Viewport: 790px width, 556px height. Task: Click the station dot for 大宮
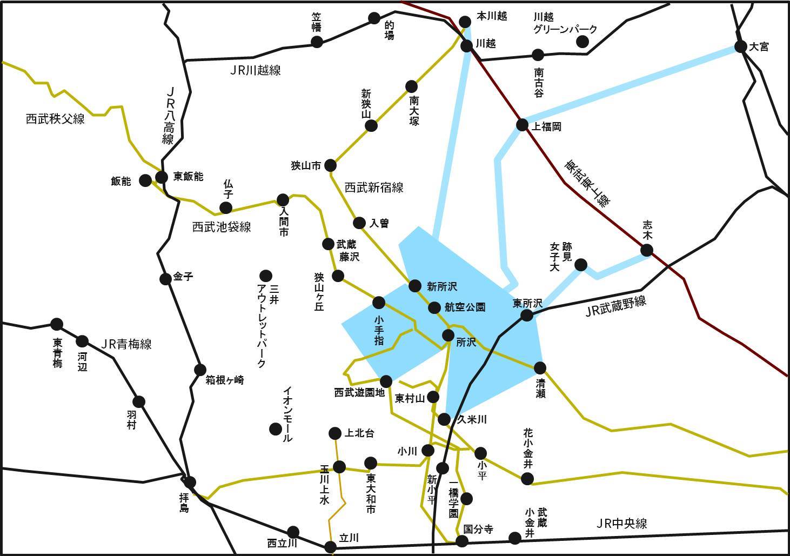point(740,46)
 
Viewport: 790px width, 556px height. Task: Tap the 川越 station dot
point(467,45)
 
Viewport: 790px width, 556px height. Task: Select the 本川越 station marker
point(465,21)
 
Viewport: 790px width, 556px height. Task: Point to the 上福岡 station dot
point(522,125)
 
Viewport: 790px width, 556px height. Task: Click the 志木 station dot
point(646,250)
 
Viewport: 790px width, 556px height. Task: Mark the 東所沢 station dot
point(527,315)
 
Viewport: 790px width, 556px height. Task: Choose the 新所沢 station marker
point(415,286)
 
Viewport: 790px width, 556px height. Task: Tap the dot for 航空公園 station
point(434,307)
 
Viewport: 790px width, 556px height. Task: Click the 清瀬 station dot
point(540,368)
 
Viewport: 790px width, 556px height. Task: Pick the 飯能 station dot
point(145,180)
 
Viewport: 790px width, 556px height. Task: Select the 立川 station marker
point(331,547)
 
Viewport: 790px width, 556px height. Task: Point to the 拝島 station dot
point(190,482)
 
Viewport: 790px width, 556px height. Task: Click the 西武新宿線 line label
point(374,188)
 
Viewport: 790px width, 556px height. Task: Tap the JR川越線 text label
point(255,70)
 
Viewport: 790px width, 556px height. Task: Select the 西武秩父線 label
point(55,119)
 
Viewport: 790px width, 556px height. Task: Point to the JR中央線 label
point(621,524)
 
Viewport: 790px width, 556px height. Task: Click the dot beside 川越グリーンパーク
point(583,42)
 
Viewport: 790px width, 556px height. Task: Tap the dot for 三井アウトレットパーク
point(265,275)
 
